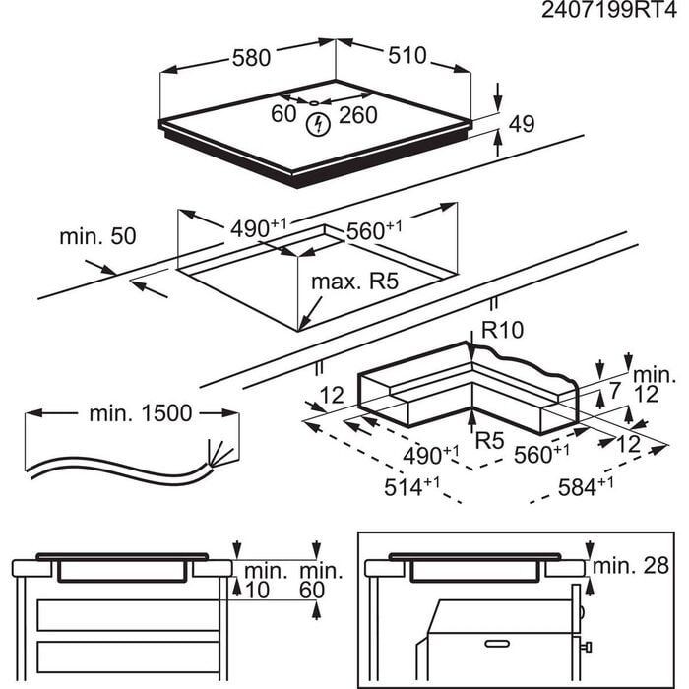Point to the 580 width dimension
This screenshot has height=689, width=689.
pos(251,58)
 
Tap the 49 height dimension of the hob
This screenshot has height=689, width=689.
pos(522,124)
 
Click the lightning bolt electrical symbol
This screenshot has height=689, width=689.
pos(318,125)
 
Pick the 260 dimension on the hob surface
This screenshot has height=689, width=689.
pos(358,115)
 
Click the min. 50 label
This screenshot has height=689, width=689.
pos(97,236)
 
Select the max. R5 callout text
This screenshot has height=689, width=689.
pos(354,282)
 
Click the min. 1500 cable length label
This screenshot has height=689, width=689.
pos(140,413)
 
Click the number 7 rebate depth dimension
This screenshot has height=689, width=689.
pos(615,392)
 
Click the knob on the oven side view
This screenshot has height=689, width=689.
pos(587,646)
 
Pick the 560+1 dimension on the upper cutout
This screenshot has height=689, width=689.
pos(374,229)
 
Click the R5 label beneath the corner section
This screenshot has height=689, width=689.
pos(489,440)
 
